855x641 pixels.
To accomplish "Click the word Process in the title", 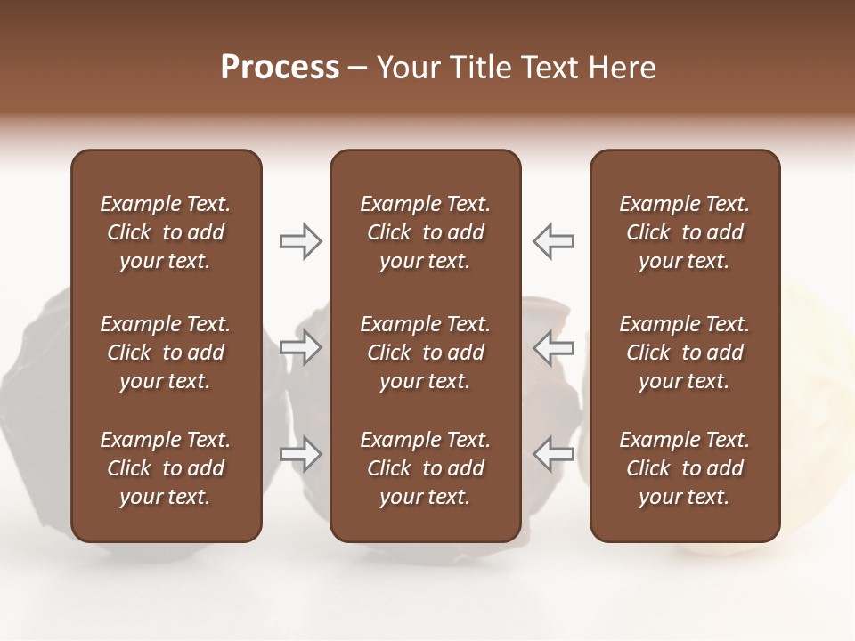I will (x=280, y=68).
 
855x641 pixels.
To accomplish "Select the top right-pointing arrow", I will (x=301, y=240).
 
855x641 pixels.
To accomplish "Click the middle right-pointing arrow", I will (x=301, y=347).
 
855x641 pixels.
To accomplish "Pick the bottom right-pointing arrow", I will (x=301, y=454).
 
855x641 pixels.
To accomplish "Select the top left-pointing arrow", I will (x=553, y=240).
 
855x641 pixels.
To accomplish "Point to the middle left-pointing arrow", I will (x=553, y=347).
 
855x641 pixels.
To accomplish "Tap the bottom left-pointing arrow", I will (x=553, y=454).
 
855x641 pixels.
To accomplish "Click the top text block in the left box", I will (x=166, y=232).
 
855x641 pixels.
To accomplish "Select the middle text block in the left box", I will (x=166, y=353).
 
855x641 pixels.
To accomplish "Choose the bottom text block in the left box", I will (x=166, y=468).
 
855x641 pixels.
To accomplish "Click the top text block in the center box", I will (x=425, y=232).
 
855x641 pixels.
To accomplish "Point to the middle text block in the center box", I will (x=425, y=353).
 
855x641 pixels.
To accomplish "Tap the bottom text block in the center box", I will (x=425, y=468).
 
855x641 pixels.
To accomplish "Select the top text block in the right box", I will (x=684, y=232).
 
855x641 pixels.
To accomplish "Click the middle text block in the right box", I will (x=684, y=353).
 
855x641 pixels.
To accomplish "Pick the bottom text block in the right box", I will (x=684, y=468).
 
